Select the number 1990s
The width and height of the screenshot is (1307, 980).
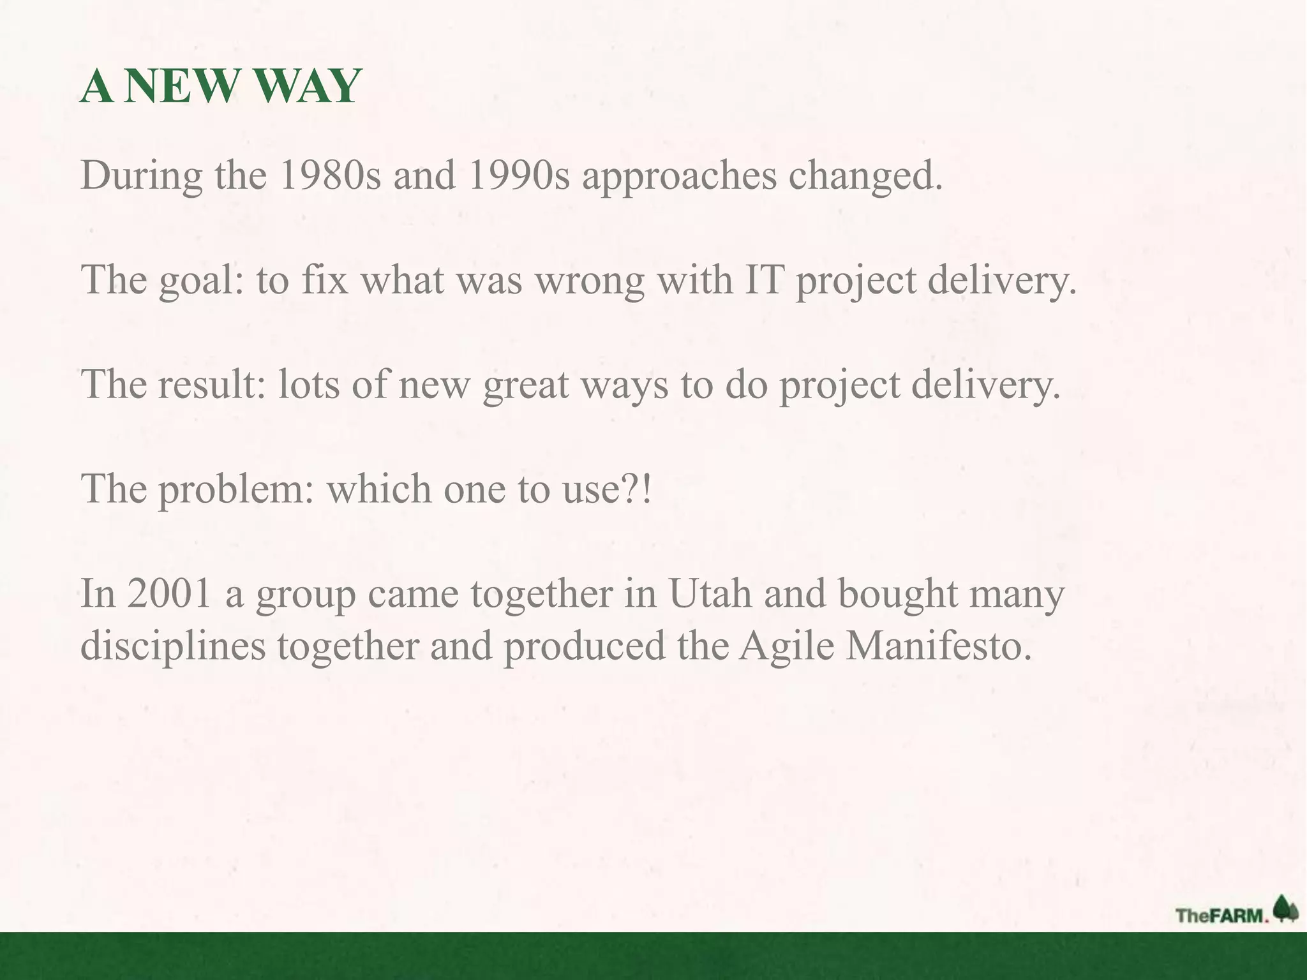pyautogui.click(x=518, y=175)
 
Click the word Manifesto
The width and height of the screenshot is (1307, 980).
pyautogui.click(x=939, y=646)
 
